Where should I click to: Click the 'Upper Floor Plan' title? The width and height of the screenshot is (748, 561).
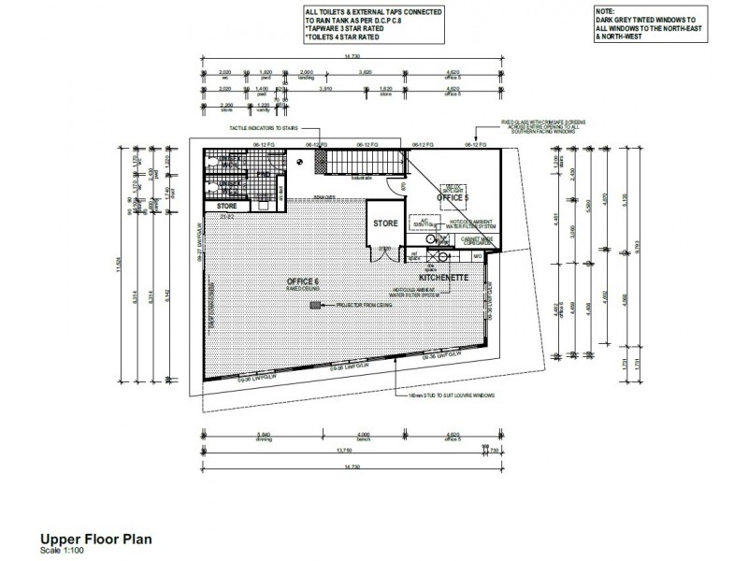(94, 539)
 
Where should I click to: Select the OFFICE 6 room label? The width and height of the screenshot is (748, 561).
(303, 281)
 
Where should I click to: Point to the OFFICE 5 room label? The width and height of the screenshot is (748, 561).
(453, 198)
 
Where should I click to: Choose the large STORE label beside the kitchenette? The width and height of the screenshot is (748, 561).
(385, 224)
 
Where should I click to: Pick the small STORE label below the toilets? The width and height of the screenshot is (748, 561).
(227, 206)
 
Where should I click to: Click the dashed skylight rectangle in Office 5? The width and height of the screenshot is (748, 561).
(455, 188)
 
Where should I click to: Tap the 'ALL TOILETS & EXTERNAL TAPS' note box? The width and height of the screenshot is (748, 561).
(373, 26)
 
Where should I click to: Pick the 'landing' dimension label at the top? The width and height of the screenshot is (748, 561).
(305, 77)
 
